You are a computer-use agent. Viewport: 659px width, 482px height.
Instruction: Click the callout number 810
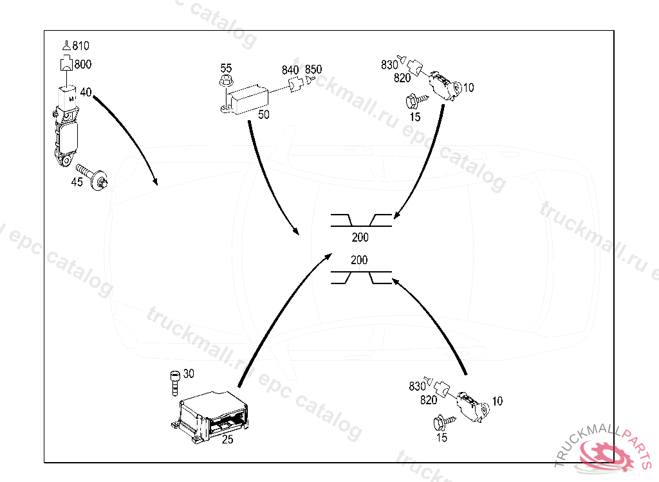click(x=80, y=46)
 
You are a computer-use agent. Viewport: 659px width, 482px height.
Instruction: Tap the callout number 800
click(x=82, y=64)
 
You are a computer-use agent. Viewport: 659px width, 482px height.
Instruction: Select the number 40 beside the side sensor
click(x=86, y=92)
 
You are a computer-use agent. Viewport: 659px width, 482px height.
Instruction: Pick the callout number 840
click(x=290, y=70)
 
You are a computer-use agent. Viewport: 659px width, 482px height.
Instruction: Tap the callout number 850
click(x=313, y=69)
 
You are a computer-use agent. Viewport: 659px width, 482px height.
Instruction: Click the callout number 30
click(x=188, y=373)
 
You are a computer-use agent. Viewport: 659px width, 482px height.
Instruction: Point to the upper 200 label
click(x=360, y=238)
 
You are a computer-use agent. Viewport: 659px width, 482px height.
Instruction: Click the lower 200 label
click(x=360, y=260)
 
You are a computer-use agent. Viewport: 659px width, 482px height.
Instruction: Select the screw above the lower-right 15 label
click(x=442, y=421)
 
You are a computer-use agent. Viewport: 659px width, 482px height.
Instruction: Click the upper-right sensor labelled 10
click(x=446, y=84)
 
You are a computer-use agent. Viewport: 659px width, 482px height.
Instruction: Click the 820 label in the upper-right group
click(x=402, y=78)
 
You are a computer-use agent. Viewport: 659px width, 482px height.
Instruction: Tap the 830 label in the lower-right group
click(x=417, y=386)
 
